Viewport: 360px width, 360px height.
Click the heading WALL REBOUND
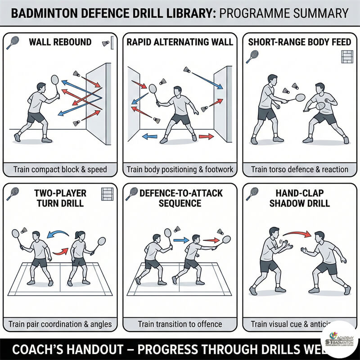(60, 42)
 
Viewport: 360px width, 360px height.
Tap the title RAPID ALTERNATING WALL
(180, 42)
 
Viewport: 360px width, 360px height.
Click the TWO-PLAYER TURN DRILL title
(60, 198)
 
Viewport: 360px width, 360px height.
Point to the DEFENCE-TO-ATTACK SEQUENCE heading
(180, 198)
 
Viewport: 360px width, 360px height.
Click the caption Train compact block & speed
(60, 170)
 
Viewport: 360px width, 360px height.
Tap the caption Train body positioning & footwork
(180, 170)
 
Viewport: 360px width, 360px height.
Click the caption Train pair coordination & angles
(60, 324)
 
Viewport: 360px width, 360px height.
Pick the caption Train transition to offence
(180, 324)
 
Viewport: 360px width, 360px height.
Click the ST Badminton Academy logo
(341, 341)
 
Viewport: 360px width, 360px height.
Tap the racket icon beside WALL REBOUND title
(13, 43)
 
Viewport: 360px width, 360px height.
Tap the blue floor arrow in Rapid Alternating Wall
(150, 136)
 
